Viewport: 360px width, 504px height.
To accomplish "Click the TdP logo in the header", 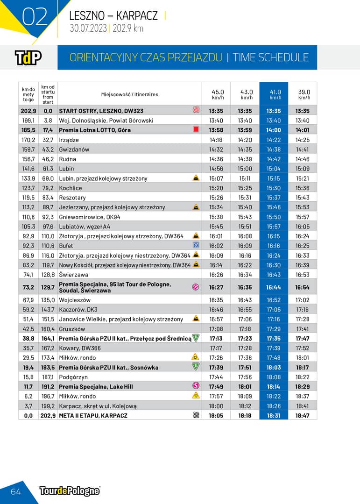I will [28, 57].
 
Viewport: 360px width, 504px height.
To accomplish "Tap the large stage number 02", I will [35, 17].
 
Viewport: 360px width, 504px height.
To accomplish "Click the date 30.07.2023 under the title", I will [88, 28].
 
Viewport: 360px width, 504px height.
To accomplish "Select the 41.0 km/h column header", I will [275, 94].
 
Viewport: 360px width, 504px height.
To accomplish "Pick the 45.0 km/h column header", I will [218, 94].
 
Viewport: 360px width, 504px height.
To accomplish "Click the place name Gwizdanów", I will [74, 149].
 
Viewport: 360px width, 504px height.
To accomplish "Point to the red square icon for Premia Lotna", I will [196, 129].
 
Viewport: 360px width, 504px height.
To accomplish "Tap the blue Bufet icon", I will [196, 245].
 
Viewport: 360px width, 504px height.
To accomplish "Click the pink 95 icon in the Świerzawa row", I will [196, 287].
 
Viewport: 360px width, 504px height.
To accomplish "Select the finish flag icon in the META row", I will [196, 415].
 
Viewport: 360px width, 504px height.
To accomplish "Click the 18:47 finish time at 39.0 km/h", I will [302, 415].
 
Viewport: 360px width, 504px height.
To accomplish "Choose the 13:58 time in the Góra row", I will [216, 130].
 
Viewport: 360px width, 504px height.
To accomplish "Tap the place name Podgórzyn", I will [73, 377].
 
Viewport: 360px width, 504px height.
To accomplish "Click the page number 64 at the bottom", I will [16, 491].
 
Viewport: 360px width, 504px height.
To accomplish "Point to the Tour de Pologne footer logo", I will [70, 491].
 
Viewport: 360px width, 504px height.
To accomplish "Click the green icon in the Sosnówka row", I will [196, 367].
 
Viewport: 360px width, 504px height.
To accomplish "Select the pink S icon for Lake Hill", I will [196, 386].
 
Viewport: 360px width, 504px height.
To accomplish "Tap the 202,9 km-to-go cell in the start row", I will [28, 111].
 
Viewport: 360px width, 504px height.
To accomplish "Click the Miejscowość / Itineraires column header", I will [130, 94].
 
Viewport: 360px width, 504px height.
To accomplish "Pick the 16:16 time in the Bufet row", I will [274, 246].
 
